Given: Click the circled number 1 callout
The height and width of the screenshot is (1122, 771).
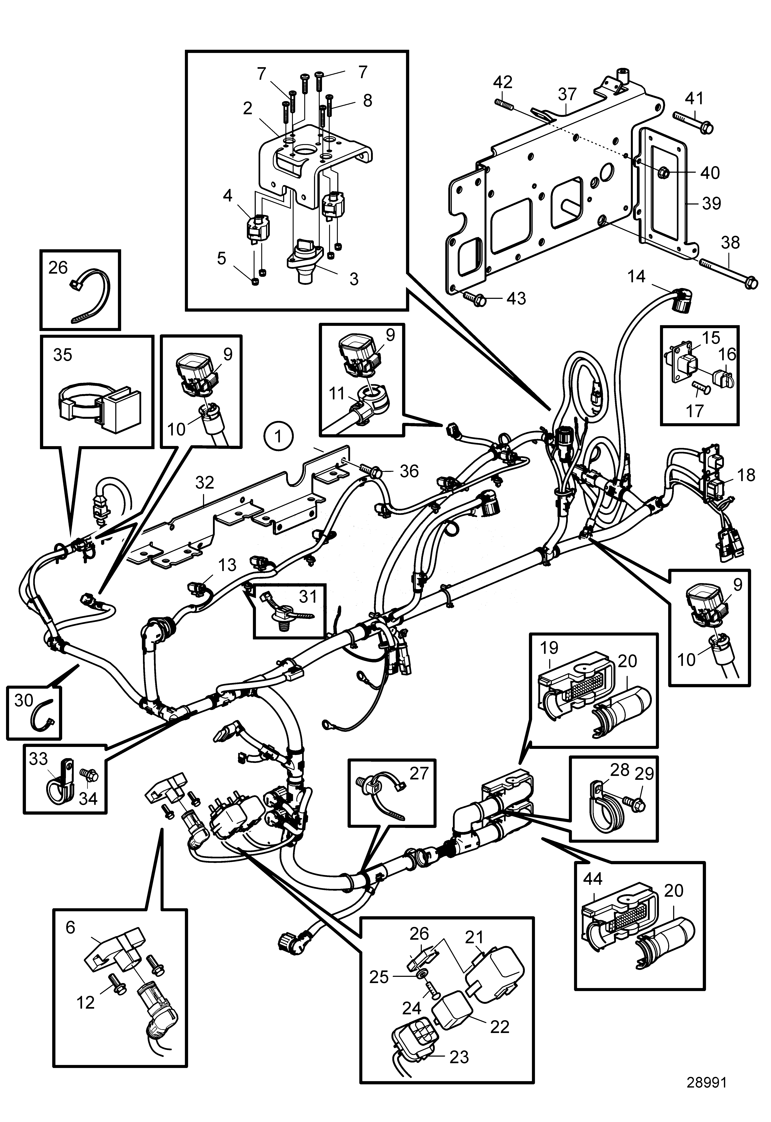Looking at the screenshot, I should click(x=278, y=436).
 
